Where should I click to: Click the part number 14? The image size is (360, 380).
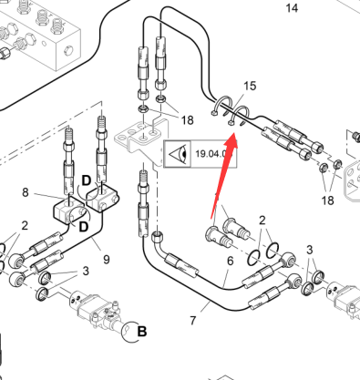292,8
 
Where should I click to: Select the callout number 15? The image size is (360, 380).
250,86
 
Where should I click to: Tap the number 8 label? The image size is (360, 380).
26,192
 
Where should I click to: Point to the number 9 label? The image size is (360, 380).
107,260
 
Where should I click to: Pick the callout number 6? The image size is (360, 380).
231,261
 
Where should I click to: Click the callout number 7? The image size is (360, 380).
193,321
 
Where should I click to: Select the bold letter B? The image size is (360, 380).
142,331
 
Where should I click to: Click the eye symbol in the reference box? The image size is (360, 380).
178,154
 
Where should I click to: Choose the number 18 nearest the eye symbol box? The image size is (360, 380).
187,120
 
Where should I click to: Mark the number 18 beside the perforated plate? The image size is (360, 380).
327,200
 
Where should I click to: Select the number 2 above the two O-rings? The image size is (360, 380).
262,221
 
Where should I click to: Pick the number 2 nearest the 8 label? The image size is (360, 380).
25,226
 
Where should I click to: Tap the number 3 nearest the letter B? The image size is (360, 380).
86,271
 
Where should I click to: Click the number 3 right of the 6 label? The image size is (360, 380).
309,250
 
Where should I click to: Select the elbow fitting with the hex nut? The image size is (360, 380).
160,242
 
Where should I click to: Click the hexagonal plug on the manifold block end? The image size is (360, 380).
68,50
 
